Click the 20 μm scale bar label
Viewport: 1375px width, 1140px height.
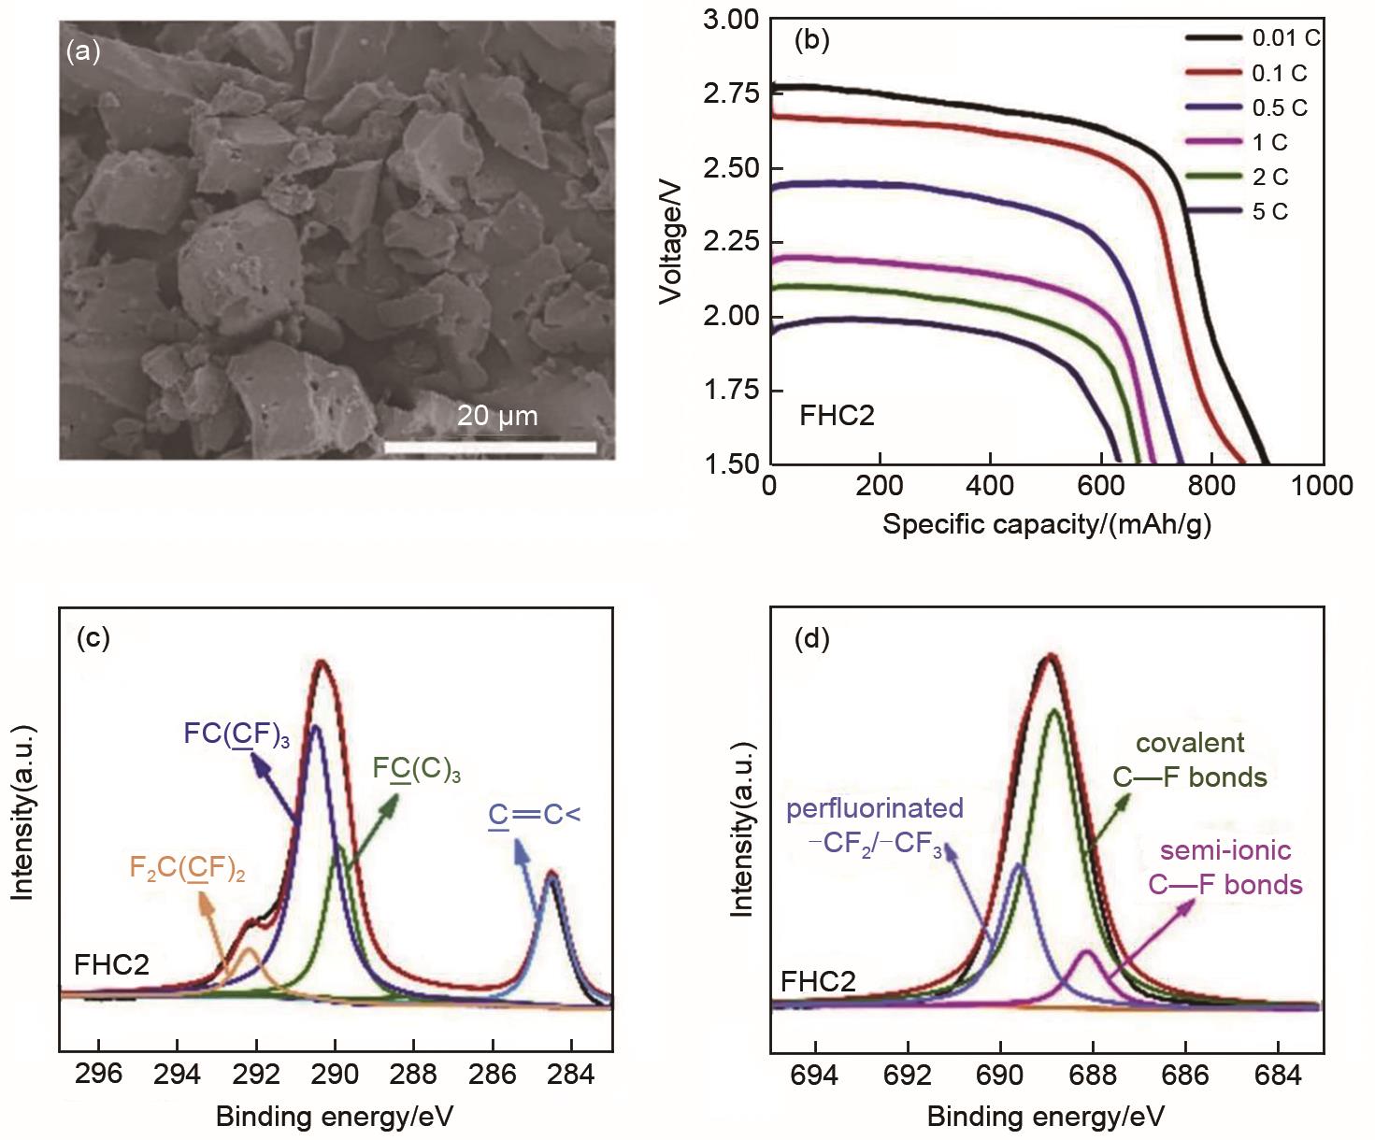pos(497,416)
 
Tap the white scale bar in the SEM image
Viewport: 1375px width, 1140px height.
pos(490,448)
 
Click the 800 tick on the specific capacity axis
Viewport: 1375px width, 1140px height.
pos(1211,486)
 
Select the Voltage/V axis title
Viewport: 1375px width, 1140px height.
pos(671,242)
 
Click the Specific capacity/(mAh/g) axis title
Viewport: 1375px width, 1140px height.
pos(1046,525)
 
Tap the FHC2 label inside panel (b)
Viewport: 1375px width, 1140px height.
pos(837,416)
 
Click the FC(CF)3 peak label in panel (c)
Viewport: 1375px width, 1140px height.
pos(236,734)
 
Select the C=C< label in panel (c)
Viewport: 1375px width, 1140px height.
pos(534,815)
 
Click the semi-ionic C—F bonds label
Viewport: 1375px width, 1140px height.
pos(1225,867)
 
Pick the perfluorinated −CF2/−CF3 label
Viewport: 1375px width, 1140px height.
pos(874,825)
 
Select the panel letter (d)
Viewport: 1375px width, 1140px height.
pos(810,639)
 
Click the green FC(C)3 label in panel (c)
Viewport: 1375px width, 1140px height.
pos(416,769)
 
